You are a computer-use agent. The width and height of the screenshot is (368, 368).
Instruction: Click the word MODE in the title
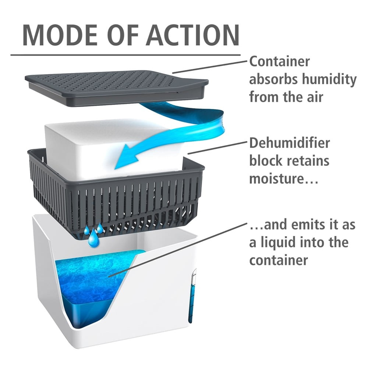60,35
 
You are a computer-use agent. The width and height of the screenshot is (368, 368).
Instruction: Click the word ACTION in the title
193,35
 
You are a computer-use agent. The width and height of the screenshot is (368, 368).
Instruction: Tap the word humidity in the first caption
329,80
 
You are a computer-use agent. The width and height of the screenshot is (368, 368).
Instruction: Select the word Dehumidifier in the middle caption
290,143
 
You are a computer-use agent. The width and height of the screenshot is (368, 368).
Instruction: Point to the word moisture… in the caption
284,179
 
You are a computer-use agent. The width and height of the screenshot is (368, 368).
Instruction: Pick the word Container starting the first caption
280,62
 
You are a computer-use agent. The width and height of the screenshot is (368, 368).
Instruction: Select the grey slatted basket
116,192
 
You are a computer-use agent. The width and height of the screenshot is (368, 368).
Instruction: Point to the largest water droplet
93,239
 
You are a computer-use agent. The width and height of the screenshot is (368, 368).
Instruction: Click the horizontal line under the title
125,56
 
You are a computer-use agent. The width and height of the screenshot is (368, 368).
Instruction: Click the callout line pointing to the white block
217,148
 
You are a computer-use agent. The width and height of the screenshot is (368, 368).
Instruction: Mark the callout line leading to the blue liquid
177,250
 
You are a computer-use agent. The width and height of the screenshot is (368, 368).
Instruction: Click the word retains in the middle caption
309,161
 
